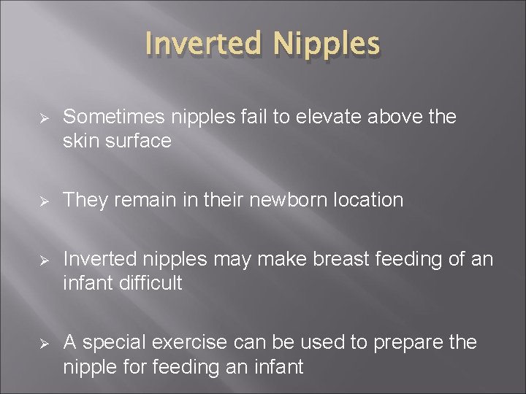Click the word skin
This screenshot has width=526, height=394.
80,141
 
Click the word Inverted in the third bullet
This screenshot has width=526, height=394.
100,259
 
